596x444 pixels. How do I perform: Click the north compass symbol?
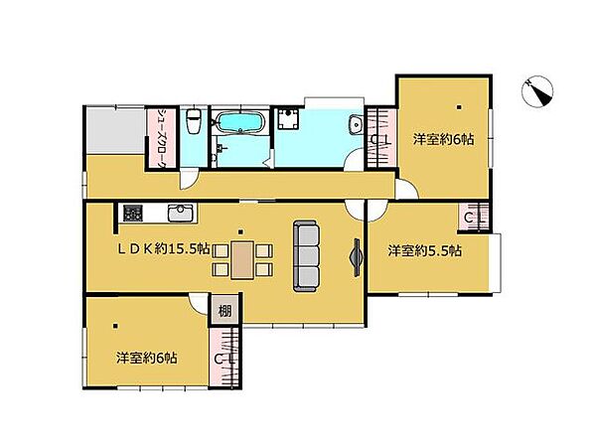(537, 91)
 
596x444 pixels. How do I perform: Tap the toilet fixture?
(194, 120)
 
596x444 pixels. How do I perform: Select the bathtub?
(239, 122)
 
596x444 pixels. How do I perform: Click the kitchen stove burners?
(133, 213)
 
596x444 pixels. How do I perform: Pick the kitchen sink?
(181, 213)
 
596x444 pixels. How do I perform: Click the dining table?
(242, 259)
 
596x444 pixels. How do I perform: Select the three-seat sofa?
(306, 256)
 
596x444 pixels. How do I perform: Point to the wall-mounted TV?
(356, 257)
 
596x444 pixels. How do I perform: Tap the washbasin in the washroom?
(356, 125)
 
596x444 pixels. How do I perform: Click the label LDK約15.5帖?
(164, 249)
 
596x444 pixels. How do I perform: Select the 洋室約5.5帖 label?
(424, 251)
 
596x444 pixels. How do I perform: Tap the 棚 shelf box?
(224, 311)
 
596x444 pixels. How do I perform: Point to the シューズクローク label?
(162, 138)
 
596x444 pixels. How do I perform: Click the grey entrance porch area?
(115, 130)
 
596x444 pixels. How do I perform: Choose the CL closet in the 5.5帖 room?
(475, 218)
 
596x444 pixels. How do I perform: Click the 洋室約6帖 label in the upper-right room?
(443, 139)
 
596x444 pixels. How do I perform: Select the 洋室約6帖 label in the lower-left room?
(146, 359)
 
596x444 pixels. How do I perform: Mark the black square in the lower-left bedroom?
(115, 326)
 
